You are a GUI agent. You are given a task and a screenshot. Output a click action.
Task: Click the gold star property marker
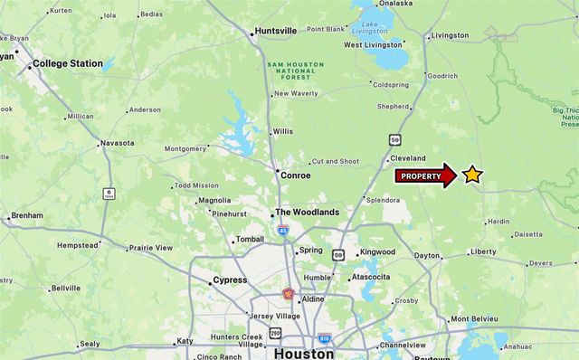(x=472, y=175)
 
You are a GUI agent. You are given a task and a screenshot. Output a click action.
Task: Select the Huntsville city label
(x=275, y=31)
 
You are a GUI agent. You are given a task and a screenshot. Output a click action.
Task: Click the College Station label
(x=68, y=64)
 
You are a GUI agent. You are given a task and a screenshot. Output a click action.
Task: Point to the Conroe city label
(x=296, y=175)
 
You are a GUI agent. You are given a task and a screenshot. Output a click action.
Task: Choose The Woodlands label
(x=308, y=213)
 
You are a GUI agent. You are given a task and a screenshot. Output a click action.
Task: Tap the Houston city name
(x=304, y=354)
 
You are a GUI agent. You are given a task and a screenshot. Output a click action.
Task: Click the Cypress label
(x=230, y=280)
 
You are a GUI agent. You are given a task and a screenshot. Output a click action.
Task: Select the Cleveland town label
(x=408, y=158)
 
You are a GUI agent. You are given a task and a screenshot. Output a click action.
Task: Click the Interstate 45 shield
(x=283, y=231)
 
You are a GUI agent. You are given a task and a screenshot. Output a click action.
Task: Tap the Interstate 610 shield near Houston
(x=324, y=338)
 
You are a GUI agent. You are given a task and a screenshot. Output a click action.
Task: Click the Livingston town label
(x=451, y=36)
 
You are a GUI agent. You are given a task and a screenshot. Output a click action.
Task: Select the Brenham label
(x=26, y=217)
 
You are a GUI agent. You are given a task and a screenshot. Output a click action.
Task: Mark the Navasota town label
(x=117, y=143)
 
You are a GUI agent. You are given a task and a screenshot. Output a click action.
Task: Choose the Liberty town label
(x=483, y=252)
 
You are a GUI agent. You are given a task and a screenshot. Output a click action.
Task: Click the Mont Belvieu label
(x=474, y=319)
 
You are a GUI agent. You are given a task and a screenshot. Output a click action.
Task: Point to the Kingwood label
(x=377, y=252)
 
